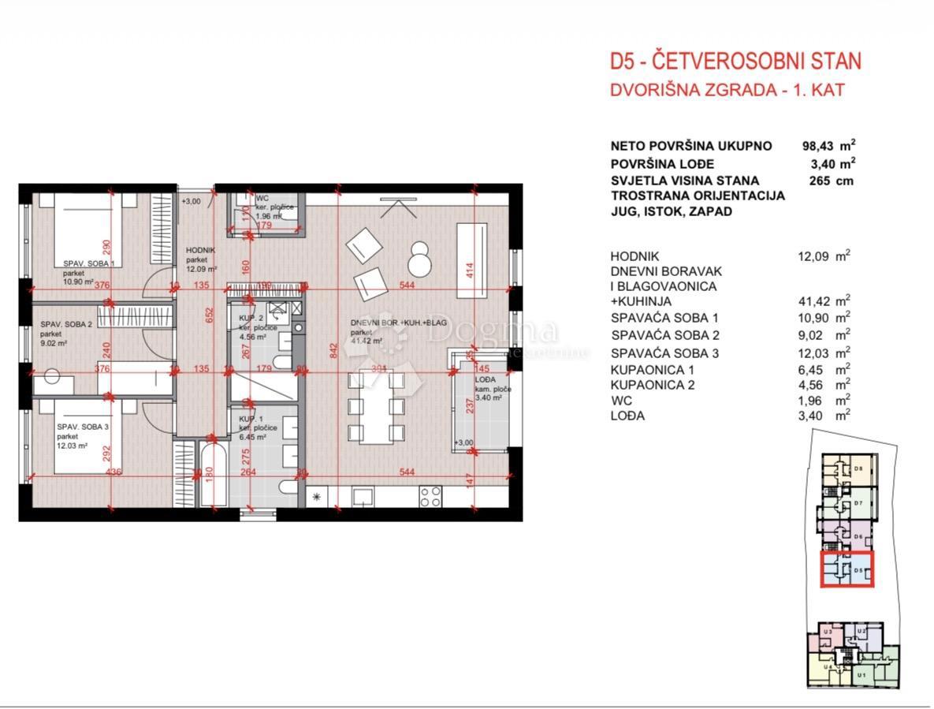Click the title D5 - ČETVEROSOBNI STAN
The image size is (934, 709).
(735, 62)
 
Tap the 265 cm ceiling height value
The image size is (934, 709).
(825, 181)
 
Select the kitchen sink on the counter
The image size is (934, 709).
(364, 497)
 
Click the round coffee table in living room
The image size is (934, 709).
(418, 259)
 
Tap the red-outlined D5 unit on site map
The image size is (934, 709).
(848, 569)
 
